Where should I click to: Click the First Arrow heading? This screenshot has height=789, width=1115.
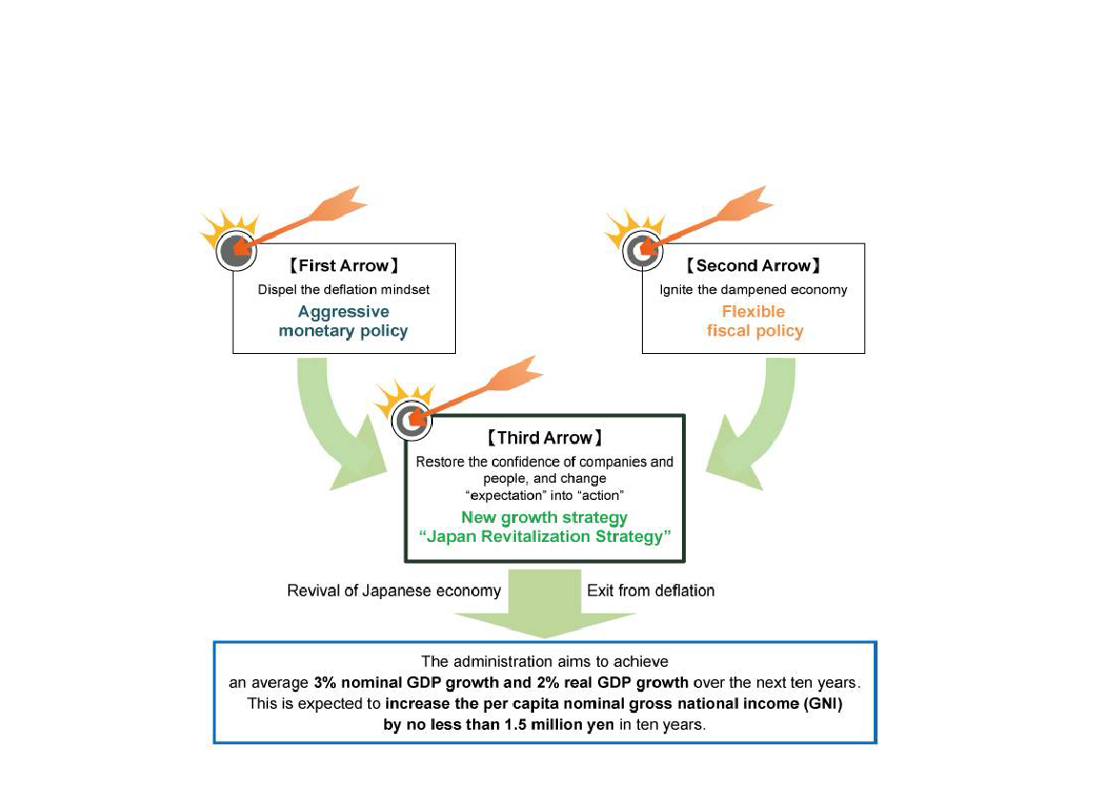click(x=342, y=266)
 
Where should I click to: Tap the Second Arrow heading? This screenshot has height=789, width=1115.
click(x=753, y=266)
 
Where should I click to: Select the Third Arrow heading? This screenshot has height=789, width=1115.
click(x=545, y=438)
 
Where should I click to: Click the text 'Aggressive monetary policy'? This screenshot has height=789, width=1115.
click(x=343, y=322)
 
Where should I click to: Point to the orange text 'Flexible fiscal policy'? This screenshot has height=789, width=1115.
click(x=754, y=322)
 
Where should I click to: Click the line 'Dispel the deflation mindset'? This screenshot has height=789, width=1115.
click(x=342, y=290)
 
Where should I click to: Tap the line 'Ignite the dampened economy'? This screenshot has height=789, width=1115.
click(x=754, y=290)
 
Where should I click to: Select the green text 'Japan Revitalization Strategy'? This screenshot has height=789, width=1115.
click(x=545, y=536)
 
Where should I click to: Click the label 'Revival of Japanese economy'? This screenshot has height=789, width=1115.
click(x=394, y=591)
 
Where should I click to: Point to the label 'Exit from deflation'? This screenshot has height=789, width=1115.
click(x=650, y=591)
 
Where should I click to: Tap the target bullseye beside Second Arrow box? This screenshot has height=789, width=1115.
click(x=641, y=252)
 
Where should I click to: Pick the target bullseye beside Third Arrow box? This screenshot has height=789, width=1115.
click(x=411, y=420)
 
